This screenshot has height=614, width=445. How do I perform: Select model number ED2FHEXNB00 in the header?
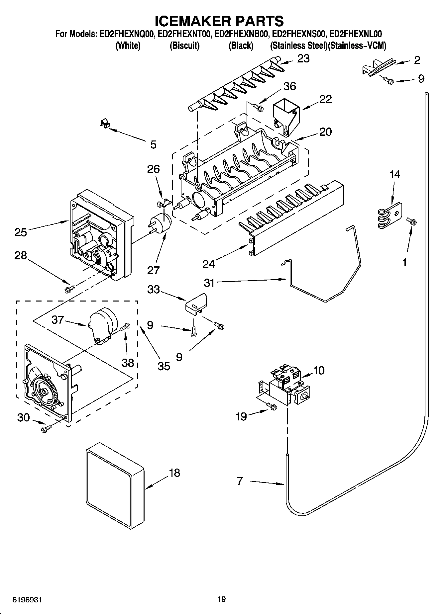click(242, 34)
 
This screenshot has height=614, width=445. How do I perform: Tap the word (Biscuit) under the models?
click(184, 46)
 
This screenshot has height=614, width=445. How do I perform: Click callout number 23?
click(303, 59)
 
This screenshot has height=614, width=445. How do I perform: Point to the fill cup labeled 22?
click(285, 118)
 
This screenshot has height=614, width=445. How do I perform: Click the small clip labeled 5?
click(105, 125)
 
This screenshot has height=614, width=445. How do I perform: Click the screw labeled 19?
click(272, 406)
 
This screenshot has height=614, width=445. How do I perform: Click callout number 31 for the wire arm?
click(209, 283)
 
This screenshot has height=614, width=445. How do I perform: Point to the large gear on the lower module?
click(44, 391)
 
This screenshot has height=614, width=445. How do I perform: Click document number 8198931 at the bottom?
click(27, 599)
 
